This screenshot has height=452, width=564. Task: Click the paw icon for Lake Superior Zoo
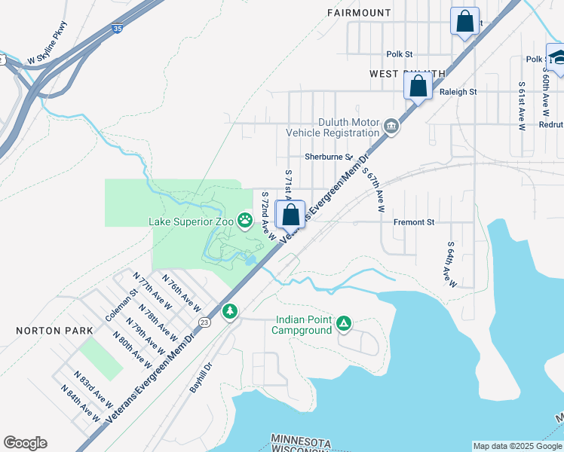click(245, 221)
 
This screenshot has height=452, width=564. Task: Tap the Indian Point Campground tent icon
click(343, 323)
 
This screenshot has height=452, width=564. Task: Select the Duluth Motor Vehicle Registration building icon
click(391, 127)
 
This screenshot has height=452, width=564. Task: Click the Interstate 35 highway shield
click(115, 29)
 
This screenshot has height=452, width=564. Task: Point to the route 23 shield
click(204, 322)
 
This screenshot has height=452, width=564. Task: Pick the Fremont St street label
click(414, 223)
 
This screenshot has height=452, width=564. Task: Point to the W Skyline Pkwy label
click(48, 44)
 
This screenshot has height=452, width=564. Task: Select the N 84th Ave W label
click(82, 404)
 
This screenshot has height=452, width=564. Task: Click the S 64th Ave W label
click(451, 264)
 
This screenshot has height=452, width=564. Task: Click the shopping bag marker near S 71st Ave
click(290, 215)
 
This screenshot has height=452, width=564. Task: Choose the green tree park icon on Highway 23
click(229, 311)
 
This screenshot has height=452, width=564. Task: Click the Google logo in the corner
click(25, 443)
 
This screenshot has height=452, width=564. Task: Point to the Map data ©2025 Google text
click(516, 446)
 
